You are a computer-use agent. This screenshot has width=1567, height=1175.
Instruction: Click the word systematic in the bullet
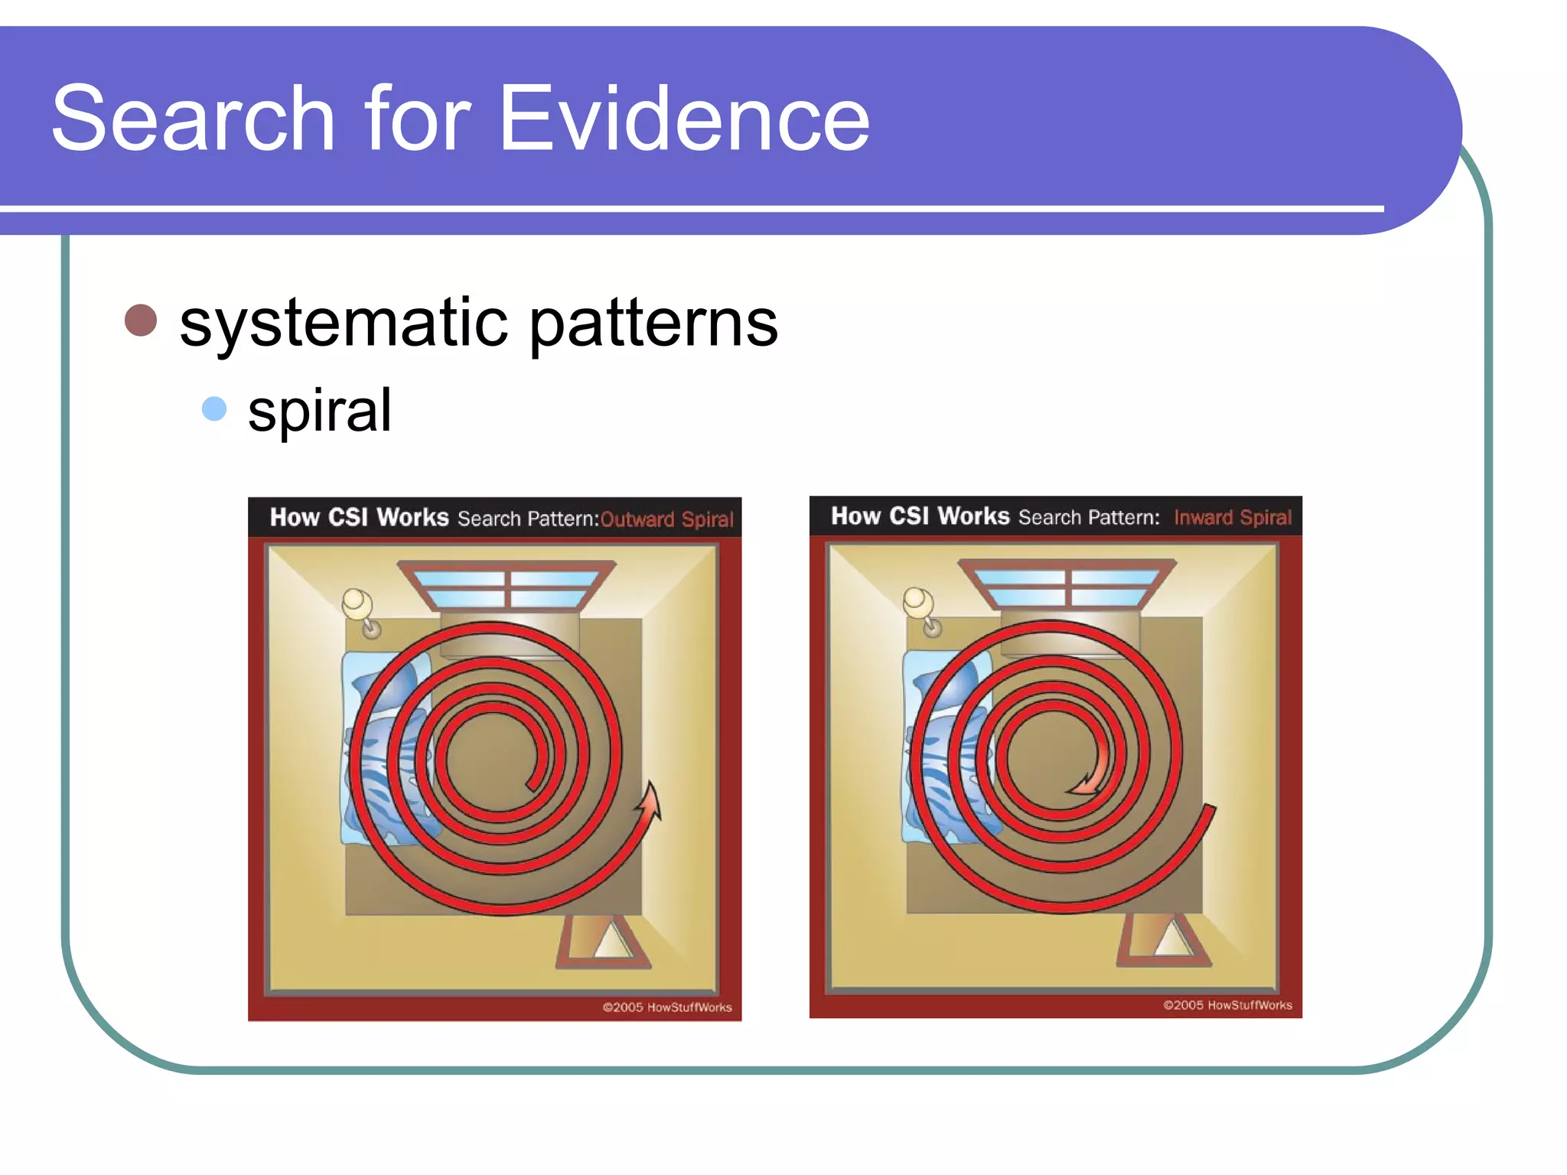tap(344, 323)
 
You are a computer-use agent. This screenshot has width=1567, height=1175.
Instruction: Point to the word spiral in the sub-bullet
tap(319, 411)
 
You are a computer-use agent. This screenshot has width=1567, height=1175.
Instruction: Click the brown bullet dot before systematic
tap(141, 320)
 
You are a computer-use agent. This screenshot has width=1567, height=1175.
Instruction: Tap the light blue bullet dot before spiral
tap(214, 408)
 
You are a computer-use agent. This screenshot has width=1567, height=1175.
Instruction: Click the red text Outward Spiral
tap(666, 519)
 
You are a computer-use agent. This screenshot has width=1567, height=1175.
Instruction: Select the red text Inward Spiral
tap(1232, 518)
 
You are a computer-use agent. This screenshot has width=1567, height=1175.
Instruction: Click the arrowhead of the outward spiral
tap(650, 799)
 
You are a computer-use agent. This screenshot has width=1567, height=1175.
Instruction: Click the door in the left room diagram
tap(603, 941)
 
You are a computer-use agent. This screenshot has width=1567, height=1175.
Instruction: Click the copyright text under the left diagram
tap(666, 1007)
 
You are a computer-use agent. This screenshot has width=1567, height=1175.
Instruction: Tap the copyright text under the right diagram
tap(1227, 1005)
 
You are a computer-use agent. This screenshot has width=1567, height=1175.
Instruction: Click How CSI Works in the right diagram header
tap(920, 516)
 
